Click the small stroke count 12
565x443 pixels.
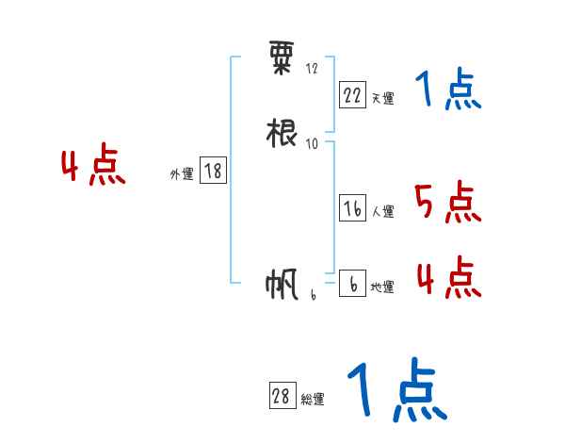point(312,69)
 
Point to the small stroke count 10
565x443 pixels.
point(312,143)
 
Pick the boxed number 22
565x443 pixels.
point(352,93)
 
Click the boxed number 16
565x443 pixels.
point(352,209)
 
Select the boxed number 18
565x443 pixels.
point(213,172)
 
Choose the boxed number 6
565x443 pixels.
point(352,283)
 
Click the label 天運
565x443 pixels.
point(382,98)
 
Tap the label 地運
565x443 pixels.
point(382,287)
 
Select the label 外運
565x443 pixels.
point(182,175)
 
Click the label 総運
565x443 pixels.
point(312,400)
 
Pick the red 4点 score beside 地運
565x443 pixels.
point(448,278)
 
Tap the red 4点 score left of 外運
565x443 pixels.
point(93,168)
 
